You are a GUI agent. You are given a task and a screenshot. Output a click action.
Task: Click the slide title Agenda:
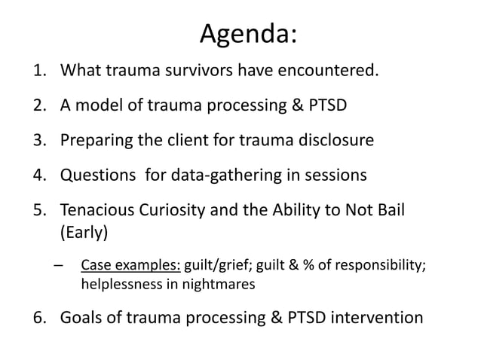coord(248,34)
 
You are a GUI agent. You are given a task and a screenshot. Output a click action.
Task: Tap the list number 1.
coord(38,72)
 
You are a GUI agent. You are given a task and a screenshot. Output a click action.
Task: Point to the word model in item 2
coord(97,105)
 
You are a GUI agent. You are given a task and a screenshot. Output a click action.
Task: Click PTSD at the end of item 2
coord(323,105)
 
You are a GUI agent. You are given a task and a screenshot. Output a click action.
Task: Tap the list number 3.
coord(38,141)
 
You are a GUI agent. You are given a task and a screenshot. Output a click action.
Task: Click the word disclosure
coord(335,141)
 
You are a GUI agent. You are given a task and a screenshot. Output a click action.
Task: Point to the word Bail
coord(391,210)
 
